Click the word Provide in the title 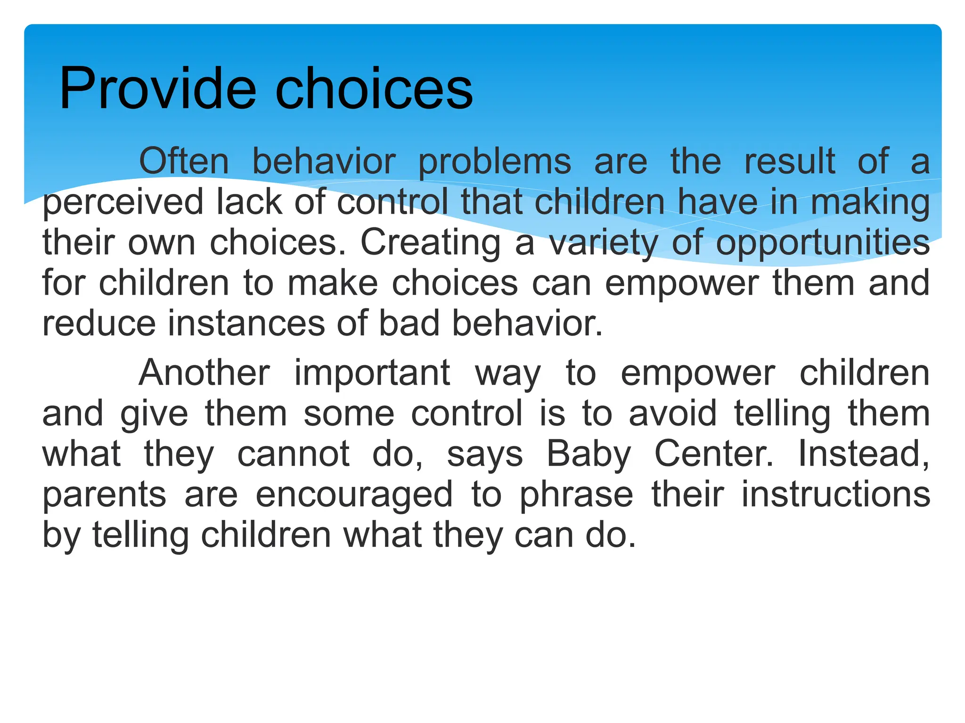click(157, 89)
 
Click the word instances click(246, 324)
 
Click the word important click(372, 373)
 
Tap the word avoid click(673, 413)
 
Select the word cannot click(293, 454)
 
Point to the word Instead click(863, 454)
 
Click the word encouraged click(354, 495)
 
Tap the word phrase click(576, 495)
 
